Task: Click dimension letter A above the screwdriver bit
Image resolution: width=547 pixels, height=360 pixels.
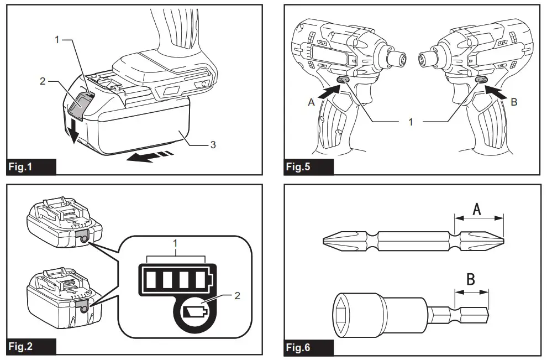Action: pyautogui.click(x=478, y=208)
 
